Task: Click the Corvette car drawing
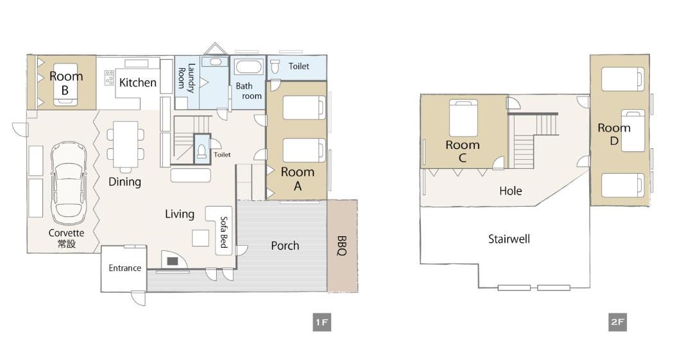pos(68,183)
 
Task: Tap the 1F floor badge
pos(321,322)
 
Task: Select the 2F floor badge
pos(617,322)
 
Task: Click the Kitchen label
pos(138,83)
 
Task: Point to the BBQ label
pos(341,246)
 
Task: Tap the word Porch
pos(285,245)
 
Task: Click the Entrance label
pos(125,268)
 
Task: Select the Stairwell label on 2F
pos(509,239)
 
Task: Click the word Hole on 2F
pos(511,191)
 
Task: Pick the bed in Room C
pos(464,117)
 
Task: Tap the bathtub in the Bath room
pos(248,67)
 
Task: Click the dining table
pos(126,144)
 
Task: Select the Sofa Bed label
pos(224,232)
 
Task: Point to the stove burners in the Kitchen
pos(109,78)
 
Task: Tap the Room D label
pos(614,135)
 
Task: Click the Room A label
pos(298,178)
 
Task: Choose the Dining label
pos(124,182)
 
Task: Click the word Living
pos(180,214)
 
